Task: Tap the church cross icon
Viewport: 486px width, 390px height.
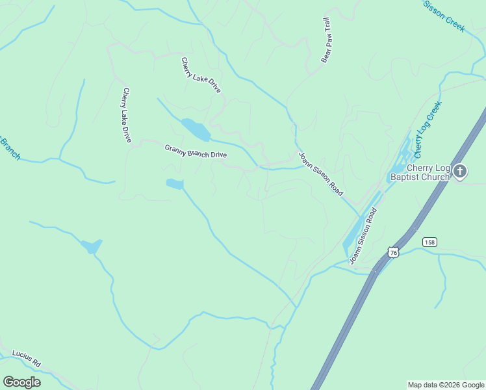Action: (x=460, y=172)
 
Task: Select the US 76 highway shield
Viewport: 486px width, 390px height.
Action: (x=392, y=251)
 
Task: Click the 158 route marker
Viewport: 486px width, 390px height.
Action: (x=429, y=242)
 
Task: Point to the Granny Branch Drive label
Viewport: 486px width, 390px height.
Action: (x=195, y=151)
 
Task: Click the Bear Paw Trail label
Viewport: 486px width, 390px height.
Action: (x=327, y=40)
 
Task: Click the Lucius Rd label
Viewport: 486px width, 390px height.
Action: (x=26, y=358)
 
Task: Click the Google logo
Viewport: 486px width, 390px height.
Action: (x=21, y=382)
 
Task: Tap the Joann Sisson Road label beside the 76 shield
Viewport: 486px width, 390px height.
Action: (x=363, y=237)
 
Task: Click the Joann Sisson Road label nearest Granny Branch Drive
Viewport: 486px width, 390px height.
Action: (x=320, y=174)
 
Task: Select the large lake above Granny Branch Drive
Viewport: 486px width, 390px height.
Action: (x=196, y=129)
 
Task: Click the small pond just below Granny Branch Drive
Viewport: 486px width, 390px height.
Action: (x=175, y=184)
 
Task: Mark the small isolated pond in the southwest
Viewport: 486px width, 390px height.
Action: (x=92, y=246)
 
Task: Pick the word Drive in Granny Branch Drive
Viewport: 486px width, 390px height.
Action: (x=216, y=155)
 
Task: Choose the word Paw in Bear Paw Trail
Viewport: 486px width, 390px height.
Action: (x=327, y=42)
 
